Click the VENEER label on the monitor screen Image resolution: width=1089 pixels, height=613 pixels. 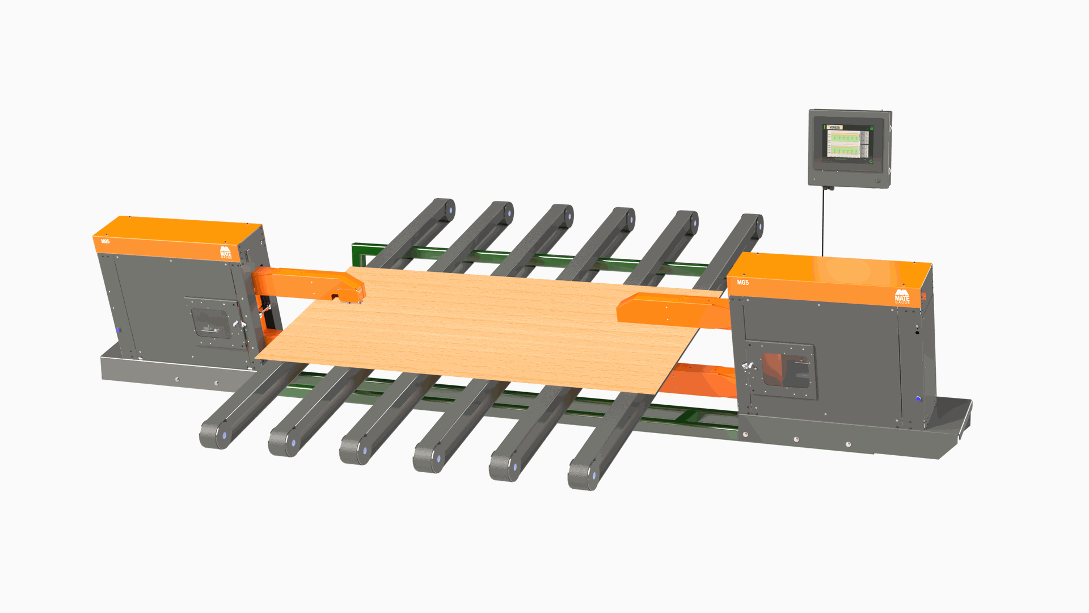coord(835,127)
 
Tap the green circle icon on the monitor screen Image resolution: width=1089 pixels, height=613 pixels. coord(871,161)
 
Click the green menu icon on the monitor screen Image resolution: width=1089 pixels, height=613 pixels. coord(872,128)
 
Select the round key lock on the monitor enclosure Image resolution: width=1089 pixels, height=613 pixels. coord(877,180)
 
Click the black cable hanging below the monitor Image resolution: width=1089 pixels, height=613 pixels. coord(823,221)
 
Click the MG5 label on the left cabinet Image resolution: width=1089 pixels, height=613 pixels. coord(105,241)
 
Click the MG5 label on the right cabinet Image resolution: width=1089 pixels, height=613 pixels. coord(742,282)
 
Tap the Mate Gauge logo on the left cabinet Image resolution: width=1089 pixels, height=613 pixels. coord(226,252)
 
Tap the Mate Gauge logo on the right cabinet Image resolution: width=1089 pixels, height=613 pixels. coord(902,297)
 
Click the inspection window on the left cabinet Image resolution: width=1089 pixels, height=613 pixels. coord(211,323)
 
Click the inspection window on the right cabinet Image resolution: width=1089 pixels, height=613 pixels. coord(786,370)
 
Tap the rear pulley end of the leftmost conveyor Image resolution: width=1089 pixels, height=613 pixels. coord(445,210)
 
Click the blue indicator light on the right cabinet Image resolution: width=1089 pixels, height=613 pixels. coord(918,399)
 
